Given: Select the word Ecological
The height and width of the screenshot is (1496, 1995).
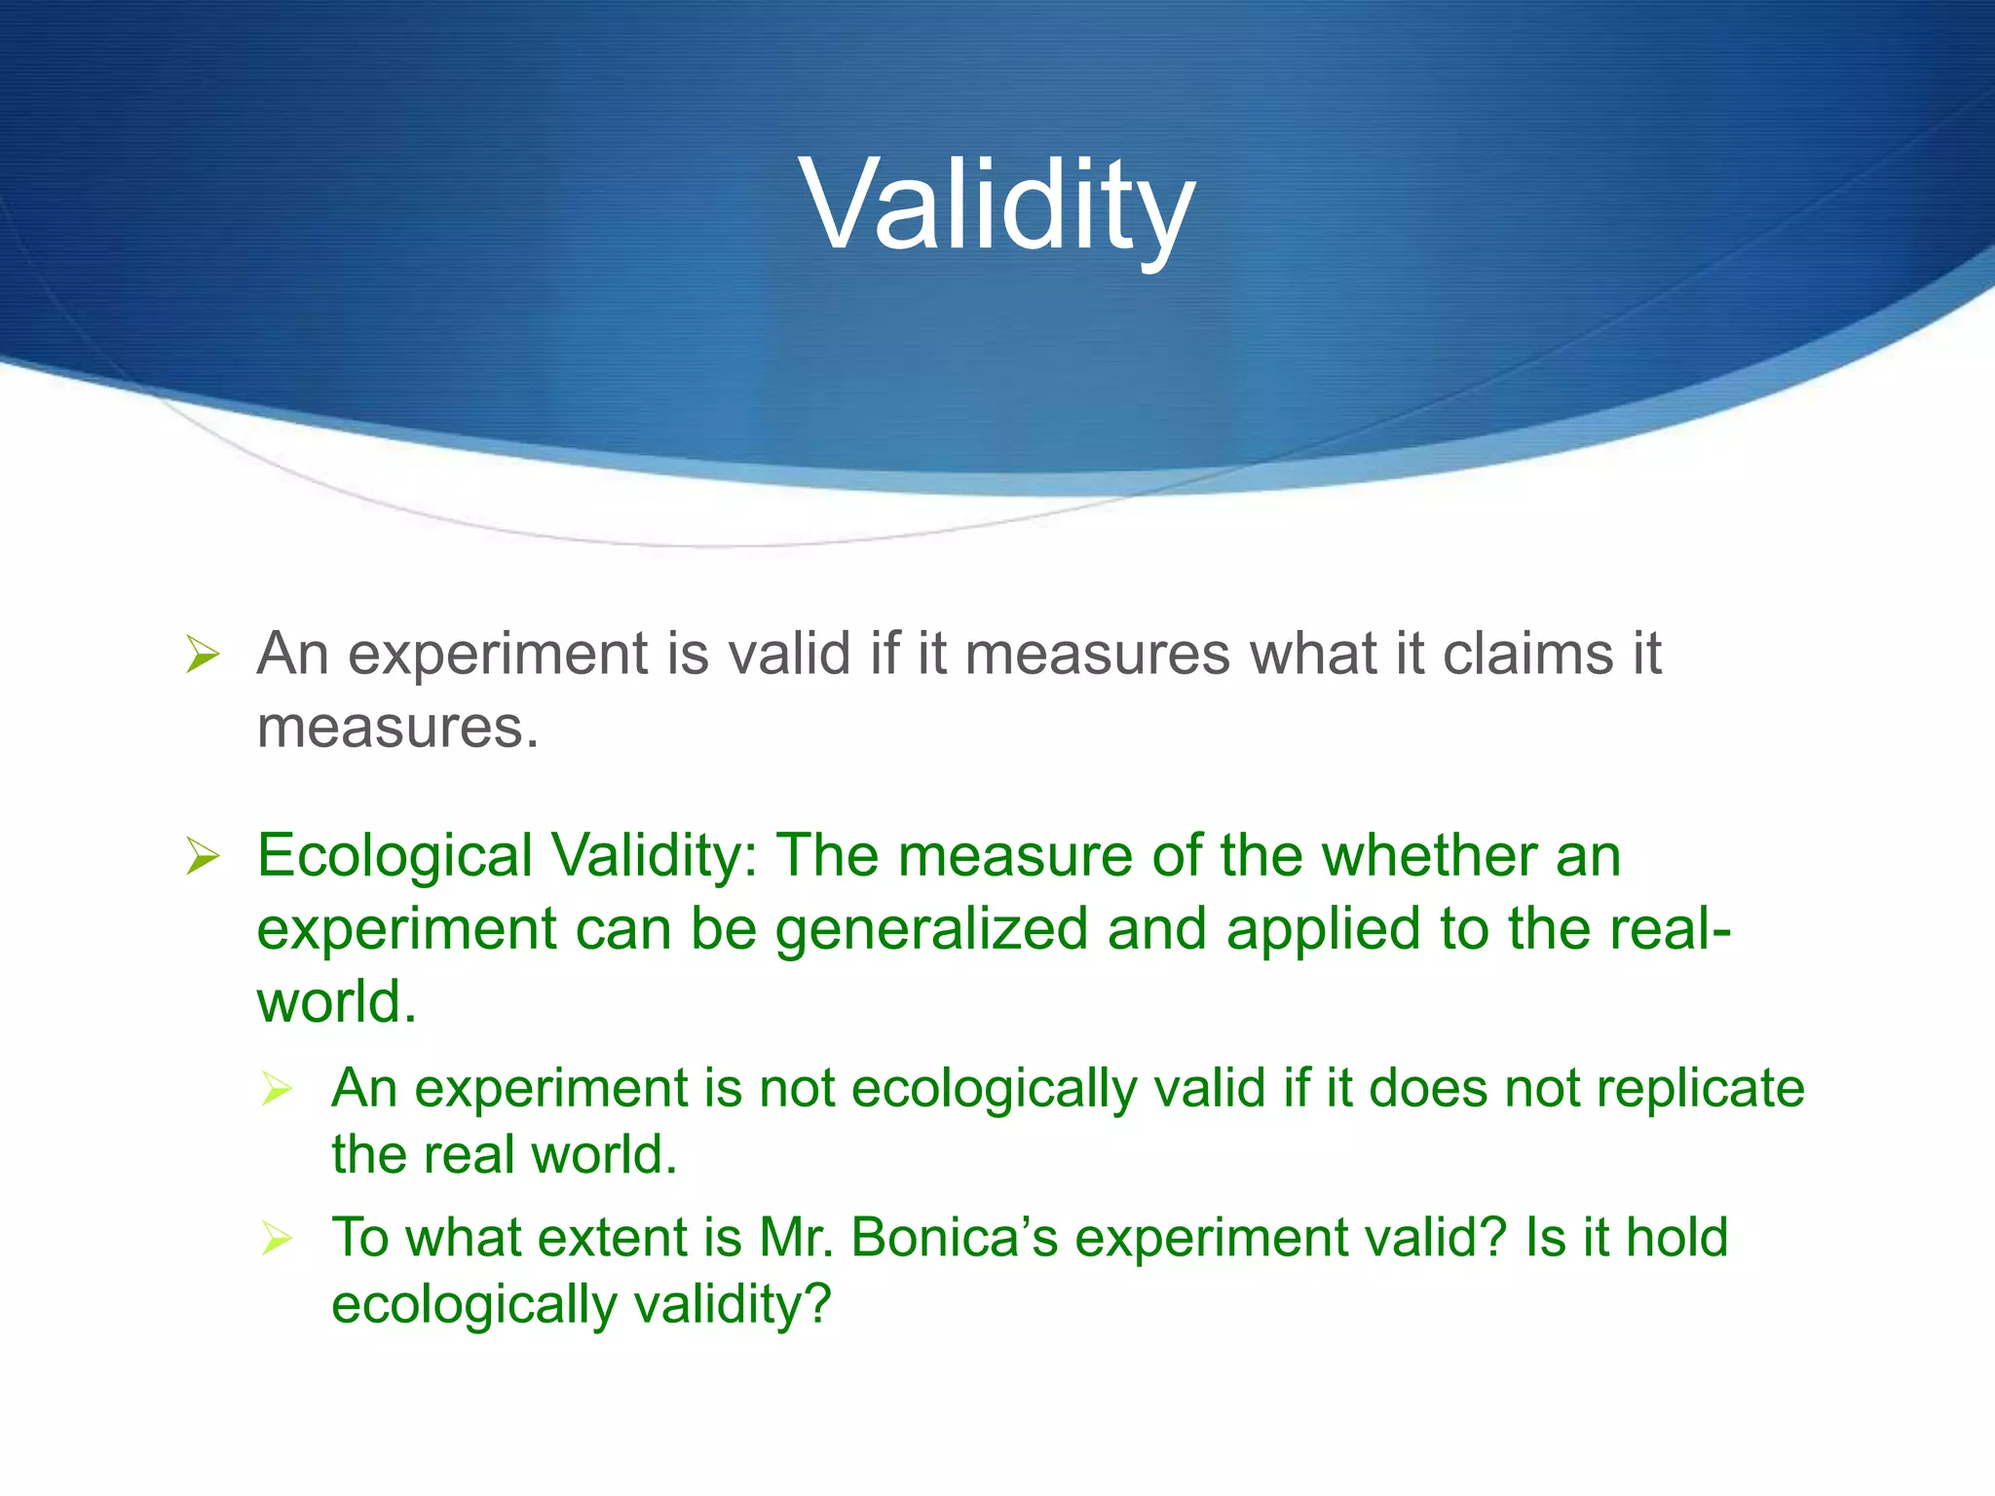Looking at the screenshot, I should (x=395, y=857).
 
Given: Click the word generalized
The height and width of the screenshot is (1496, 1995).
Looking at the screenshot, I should (x=931, y=930).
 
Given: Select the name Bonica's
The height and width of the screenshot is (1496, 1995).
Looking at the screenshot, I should (x=954, y=1239).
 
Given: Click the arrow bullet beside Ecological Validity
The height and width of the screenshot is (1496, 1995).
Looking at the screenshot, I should (x=203, y=857).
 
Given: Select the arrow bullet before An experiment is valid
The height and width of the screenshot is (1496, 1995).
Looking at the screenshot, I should (x=203, y=654).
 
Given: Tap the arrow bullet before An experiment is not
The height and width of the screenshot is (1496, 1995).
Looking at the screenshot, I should (x=277, y=1089).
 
